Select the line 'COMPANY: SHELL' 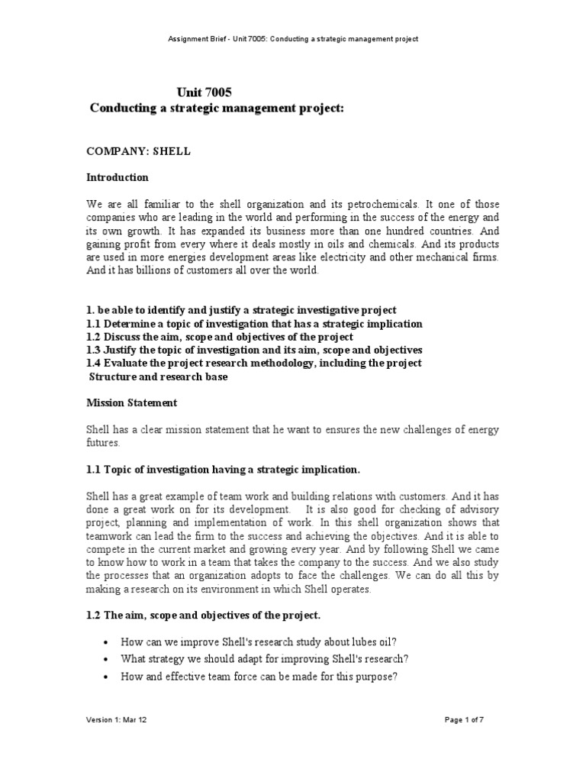pos(137,151)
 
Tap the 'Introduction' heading pos(117,177)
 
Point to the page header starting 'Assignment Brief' pos(294,38)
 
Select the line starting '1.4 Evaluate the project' pos(253,363)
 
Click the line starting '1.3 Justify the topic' pos(254,350)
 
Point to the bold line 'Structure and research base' pos(159,376)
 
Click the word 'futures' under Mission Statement pos(102,442)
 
